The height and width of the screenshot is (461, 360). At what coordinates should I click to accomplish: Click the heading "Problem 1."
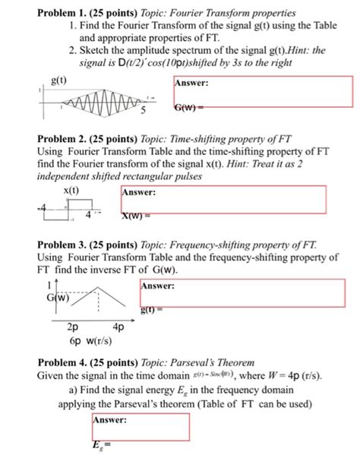pyautogui.click(x=60, y=13)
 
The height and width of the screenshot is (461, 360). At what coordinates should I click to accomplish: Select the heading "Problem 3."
pyautogui.click(x=60, y=247)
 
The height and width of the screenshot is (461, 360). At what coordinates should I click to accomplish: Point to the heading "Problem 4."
pyautogui.click(x=60, y=362)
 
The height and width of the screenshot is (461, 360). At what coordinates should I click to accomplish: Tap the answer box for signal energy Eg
pyautogui.click(x=140, y=427)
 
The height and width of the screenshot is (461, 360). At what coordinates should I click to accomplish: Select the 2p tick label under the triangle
pyautogui.click(x=74, y=327)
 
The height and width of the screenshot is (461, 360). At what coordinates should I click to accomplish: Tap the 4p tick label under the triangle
pyautogui.click(x=119, y=327)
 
